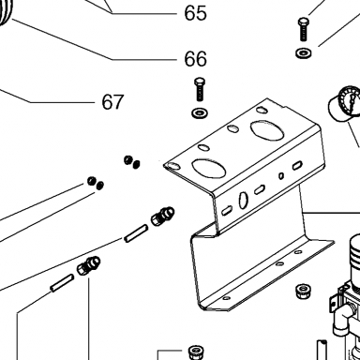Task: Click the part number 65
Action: tap(195, 13)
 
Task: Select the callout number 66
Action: tap(195, 58)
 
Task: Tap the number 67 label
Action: tap(112, 102)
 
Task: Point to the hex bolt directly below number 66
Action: tap(200, 89)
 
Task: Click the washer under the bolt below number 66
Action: tap(200, 112)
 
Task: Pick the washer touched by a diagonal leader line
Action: tap(304, 52)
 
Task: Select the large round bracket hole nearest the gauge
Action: tap(267, 129)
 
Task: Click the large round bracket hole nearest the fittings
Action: tap(209, 168)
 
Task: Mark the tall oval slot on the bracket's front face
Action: tap(244, 201)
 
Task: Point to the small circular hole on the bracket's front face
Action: tap(281, 176)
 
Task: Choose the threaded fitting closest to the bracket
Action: tap(162, 216)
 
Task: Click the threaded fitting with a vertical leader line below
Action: tap(88, 266)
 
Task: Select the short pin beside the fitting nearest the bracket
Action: tap(136, 233)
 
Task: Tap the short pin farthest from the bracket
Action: tap(62, 283)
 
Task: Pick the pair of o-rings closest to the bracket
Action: tap(132, 162)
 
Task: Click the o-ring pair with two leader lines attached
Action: tap(96, 183)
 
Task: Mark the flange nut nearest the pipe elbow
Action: tap(302, 291)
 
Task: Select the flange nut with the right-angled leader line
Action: tap(196, 352)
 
